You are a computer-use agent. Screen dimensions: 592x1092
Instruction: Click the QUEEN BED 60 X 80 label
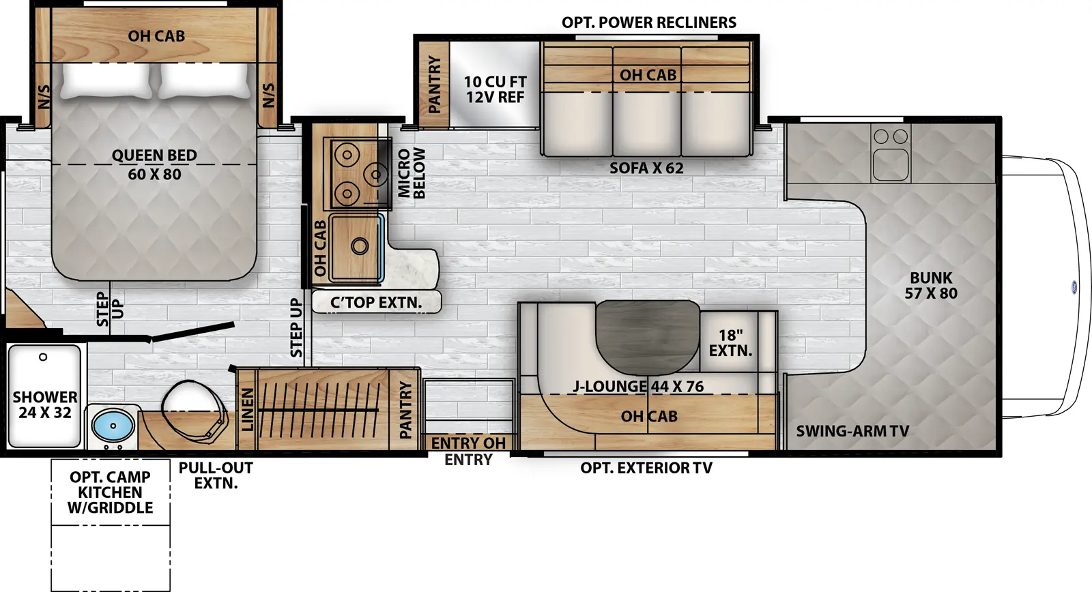[x=154, y=165]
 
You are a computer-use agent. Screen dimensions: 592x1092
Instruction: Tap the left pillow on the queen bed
[x=106, y=81]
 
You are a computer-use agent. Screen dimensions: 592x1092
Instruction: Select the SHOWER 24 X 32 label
[x=44, y=404]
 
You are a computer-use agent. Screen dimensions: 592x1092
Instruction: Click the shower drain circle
[x=43, y=357]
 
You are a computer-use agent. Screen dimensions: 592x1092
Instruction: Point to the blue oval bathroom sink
[x=113, y=426]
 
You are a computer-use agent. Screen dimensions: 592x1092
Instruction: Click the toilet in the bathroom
[x=194, y=410]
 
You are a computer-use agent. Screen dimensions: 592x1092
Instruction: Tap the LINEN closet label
[x=247, y=409]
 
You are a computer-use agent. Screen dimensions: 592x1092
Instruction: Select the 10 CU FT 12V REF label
[x=495, y=89]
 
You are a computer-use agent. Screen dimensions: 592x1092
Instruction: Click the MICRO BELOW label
[x=412, y=173]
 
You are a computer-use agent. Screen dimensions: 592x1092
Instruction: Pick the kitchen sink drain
[x=359, y=246]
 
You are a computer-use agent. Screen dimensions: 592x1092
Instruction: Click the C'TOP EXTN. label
[x=376, y=302]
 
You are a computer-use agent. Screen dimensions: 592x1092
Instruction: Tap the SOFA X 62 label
[x=646, y=168]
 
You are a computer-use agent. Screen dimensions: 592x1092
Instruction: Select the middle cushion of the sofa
[x=646, y=123]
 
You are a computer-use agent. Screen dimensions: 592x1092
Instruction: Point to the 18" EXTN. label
[x=730, y=343]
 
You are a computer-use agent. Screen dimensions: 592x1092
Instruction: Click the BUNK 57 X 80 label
[x=931, y=286]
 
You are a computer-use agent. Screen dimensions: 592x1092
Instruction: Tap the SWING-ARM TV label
[x=852, y=431]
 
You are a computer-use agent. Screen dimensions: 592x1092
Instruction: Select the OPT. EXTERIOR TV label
[x=646, y=468]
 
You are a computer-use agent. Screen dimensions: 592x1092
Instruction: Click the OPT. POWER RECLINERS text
[x=649, y=23]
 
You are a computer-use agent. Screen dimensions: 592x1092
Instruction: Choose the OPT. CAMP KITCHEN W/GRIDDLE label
[x=110, y=492]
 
